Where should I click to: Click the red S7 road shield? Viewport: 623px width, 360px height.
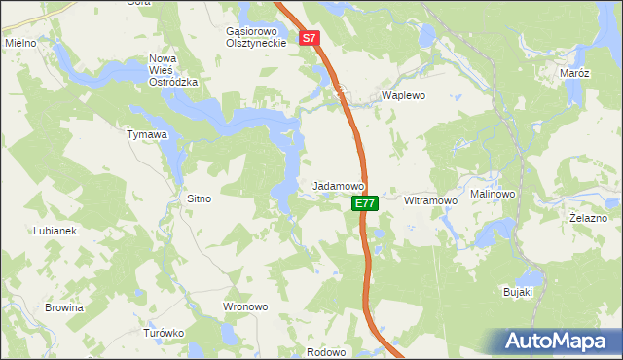pos(310,39)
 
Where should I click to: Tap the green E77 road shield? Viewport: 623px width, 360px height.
pos(364,203)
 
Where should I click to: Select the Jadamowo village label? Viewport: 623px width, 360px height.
pos(338,185)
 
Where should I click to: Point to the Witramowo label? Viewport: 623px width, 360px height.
pos(430,200)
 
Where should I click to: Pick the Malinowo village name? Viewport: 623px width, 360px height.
pos(493,194)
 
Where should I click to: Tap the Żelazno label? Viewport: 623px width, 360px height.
pos(589,219)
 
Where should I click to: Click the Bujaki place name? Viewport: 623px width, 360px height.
pos(517,292)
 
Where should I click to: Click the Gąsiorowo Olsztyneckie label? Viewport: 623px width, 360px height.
pos(255,37)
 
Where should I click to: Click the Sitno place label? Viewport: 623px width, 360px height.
pos(199,198)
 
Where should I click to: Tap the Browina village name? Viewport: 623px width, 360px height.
pos(64,307)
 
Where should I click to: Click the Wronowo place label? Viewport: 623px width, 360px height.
pos(245,306)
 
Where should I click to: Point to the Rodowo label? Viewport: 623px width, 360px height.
pos(326,352)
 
